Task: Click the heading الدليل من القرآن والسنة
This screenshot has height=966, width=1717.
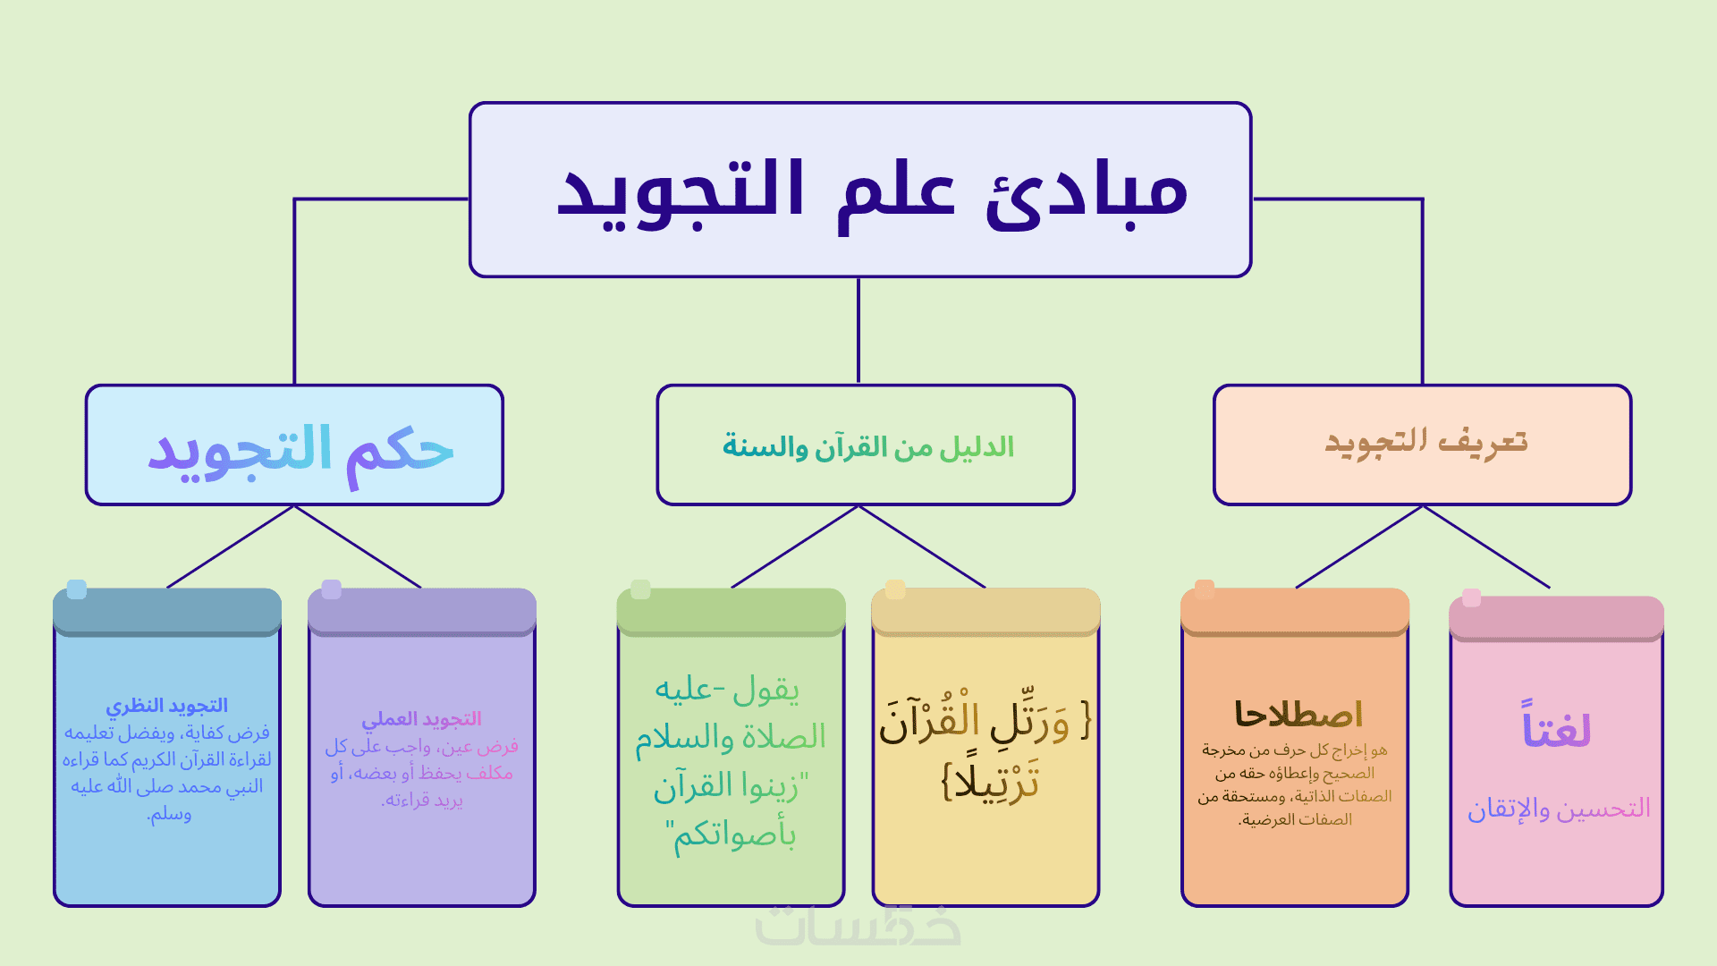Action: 867,446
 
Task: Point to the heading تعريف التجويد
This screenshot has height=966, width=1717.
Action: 1425,442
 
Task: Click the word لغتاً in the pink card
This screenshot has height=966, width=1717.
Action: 1556,727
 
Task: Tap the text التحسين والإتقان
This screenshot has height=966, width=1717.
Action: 1558,809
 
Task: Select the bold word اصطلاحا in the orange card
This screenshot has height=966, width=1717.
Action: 1298,714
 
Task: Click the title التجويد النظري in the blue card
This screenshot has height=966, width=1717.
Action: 167,706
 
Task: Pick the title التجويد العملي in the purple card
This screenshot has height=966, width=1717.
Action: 421,719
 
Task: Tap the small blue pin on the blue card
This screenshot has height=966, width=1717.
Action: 77,589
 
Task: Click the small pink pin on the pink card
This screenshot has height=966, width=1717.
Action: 1471,597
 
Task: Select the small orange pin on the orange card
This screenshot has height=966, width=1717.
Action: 1205,589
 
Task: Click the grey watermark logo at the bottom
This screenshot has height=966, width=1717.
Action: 858,926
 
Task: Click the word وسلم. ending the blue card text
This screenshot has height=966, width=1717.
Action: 169,814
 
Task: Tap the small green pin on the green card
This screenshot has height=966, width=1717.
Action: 640,589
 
